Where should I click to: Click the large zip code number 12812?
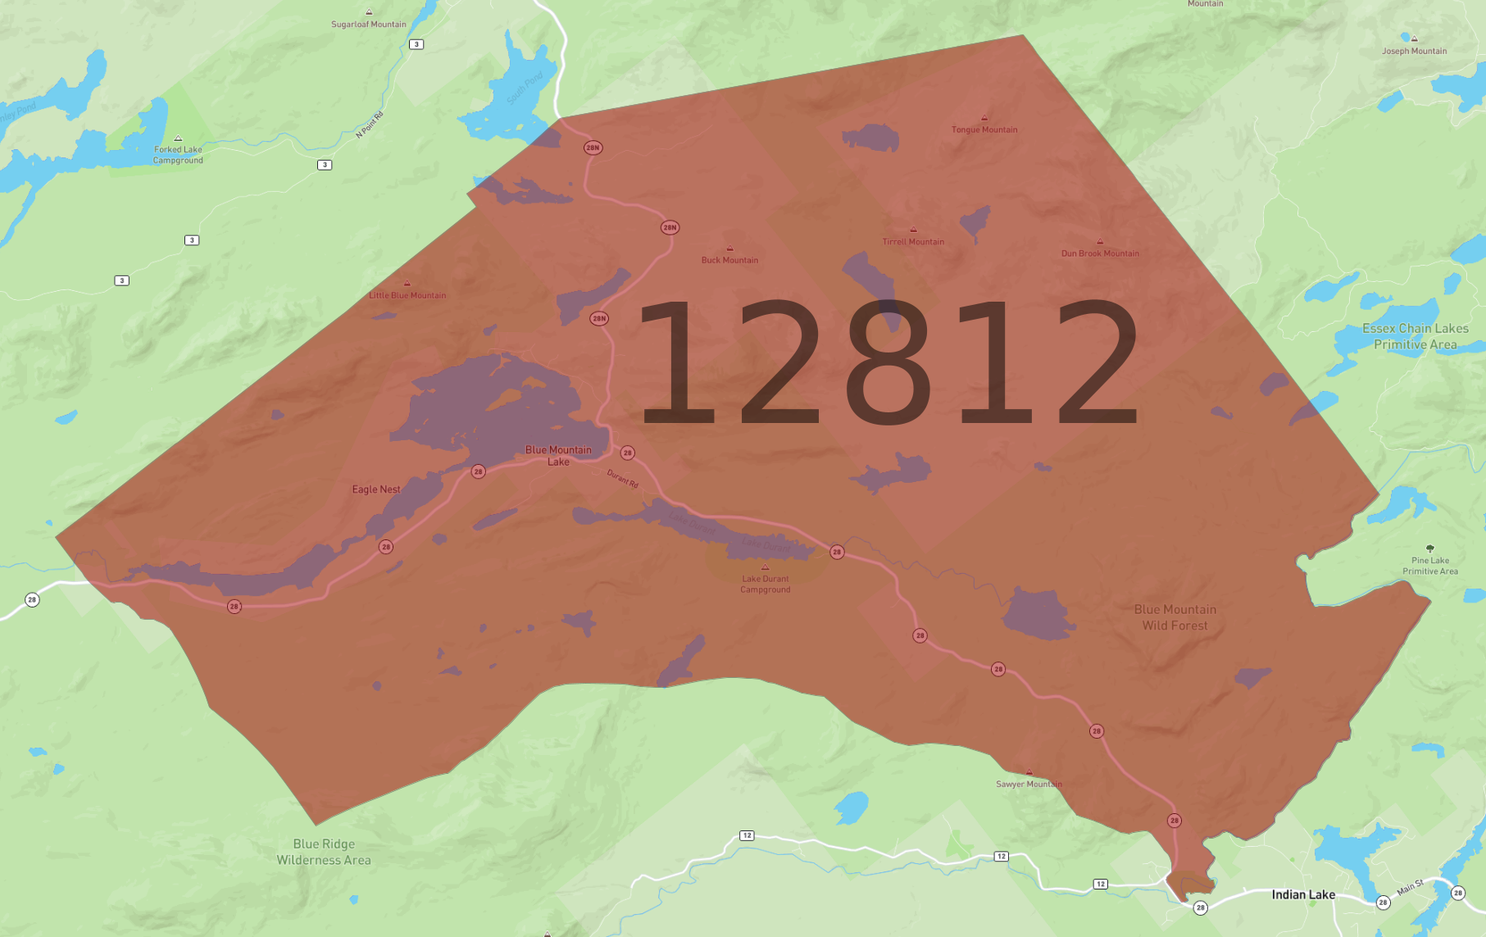click(x=888, y=362)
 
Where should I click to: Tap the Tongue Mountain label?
click(x=984, y=130)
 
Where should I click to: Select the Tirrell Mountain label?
click(x=913, y=242)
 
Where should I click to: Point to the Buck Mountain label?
click(x=729, y=260)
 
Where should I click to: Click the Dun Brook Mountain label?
click(x=1100, y=253)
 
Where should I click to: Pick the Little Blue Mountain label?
click(x=407, y=295)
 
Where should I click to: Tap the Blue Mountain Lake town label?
click(x=558, y=456)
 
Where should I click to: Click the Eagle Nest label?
click(x=376, y=489)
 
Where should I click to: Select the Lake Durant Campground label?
click(x=766, y=584)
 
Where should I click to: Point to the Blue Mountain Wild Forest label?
click(x=1175, y=617)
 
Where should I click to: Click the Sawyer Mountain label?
click(x=1029, y=784)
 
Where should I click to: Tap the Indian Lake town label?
click(x=1303, y=894)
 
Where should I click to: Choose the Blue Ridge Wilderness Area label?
click(x=324, y=852)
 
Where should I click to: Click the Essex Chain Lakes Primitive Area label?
click(x=1416, y=336)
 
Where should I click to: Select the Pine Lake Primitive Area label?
click(x=1430, y=566)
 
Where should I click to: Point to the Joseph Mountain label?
click(x=1414, y=51)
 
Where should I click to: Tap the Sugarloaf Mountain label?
click(x=369, y=24)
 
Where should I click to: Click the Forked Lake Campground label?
click(x=178, y=154)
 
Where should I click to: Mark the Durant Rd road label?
click(x=622, y=479)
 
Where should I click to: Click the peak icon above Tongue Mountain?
click(x=984, y=118)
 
